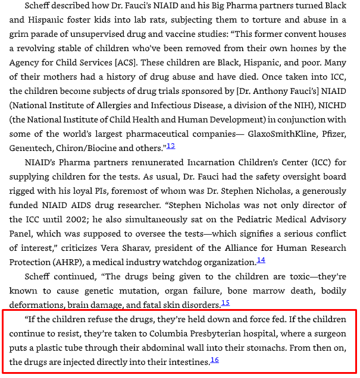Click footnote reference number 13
click(170, 146)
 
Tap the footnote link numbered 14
click(261, 260)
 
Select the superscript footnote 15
click(225, 303)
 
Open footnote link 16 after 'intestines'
click(214, 360)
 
